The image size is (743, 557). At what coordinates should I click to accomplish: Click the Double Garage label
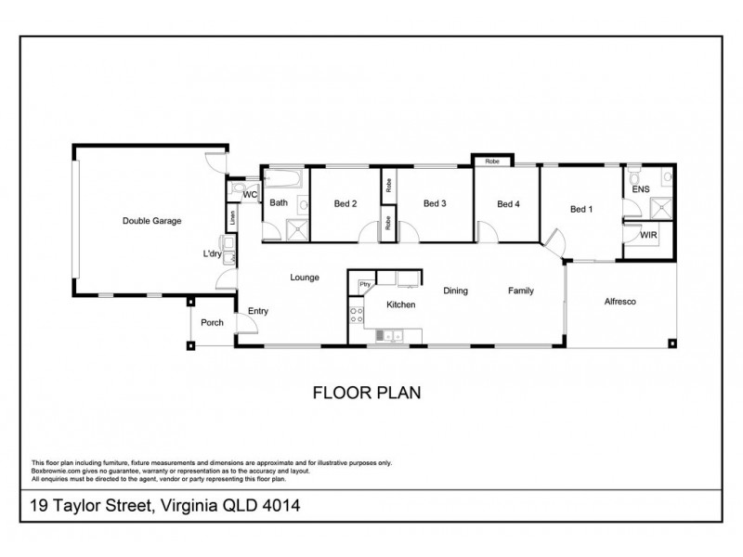click(x=151, y=221)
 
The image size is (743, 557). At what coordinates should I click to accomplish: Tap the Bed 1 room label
click(x=580, y=211)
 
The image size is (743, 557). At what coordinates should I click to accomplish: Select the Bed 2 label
click(x=345, y=204)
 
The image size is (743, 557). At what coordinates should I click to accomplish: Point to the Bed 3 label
click(x=436, y=204)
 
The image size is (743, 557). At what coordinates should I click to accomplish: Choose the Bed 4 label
click(x=507, y=204)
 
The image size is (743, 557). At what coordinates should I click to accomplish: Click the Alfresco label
click(x=619, y=302)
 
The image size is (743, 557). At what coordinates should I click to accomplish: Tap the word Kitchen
click(x=400, y=304)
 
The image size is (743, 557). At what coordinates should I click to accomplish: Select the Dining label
click(x=455, y=291)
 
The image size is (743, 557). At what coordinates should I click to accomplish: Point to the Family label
click(x=520, y=291)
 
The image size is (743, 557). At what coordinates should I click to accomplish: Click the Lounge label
click(x=305, y=277)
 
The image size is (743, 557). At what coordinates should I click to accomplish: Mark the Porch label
click(x=213, y=322)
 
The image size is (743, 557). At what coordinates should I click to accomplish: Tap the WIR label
click(x=648, y=236)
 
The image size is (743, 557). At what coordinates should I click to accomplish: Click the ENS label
click(x=641, y=189)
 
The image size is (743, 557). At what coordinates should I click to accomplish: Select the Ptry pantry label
click(x=365, y=283)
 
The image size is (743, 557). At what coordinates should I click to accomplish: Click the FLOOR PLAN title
click(x=367, y=393)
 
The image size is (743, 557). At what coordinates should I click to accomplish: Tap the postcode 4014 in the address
click(x=280, y=506)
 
